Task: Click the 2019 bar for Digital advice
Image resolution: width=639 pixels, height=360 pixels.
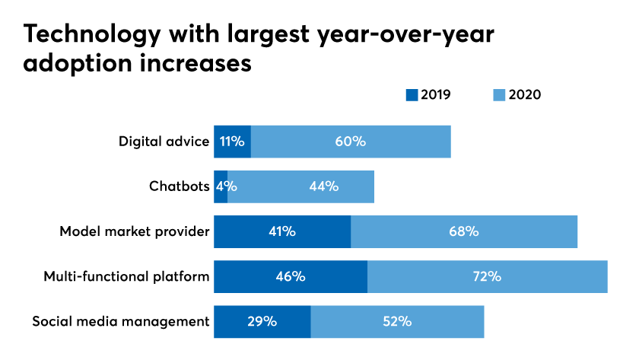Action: (x=232, y=142)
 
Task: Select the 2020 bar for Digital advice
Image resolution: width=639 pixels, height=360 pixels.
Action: (x=351, y=142)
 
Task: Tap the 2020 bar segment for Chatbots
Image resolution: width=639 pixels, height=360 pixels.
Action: (x=300, y=186)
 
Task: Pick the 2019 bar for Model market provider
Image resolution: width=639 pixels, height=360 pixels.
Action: (x=282, y=231)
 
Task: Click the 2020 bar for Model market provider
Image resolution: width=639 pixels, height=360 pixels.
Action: (x=464, y=231)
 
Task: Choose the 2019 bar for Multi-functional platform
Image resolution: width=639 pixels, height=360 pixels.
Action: (x=291, y=276)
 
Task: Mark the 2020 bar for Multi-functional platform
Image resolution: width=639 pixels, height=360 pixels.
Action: (x=488, y=276)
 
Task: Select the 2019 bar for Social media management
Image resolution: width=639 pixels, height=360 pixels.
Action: (x=262, y=321)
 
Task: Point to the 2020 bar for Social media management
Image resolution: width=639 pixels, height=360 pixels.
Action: (x=397, y=321)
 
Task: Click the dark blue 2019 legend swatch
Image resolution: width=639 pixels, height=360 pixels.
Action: (x=412, y=95)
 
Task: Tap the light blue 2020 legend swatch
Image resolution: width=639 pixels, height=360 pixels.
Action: (x=499, y=95)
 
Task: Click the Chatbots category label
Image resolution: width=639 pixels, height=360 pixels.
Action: (x=179, y=186)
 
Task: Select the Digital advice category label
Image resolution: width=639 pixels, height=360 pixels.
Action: (x=164, y=142)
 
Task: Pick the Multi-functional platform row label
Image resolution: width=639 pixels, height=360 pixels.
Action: (x=126, y=276)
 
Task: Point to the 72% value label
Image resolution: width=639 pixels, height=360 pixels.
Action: (x=487, y=276)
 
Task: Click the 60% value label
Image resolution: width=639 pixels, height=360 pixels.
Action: (x=351, y=142)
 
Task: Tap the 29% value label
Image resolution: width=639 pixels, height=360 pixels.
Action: (x=262, y=321)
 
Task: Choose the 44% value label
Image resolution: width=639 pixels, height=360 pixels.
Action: (x=324, y=186)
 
